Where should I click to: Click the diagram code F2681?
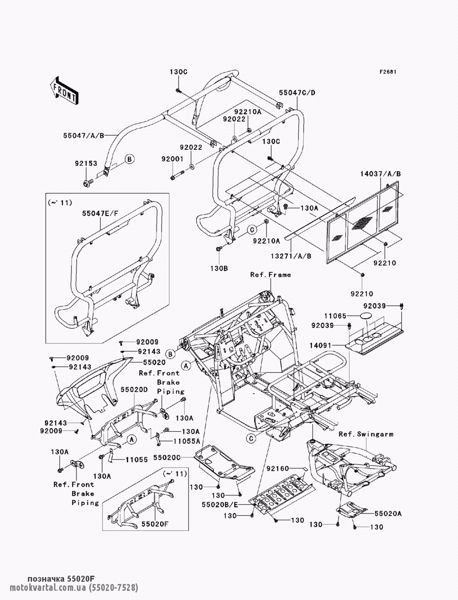pos(387,72)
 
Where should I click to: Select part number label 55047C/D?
pos(297,93)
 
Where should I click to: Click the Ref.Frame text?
pos(270,275)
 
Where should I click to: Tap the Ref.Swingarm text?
pos(366,433)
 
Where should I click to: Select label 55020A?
pos(388,514)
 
